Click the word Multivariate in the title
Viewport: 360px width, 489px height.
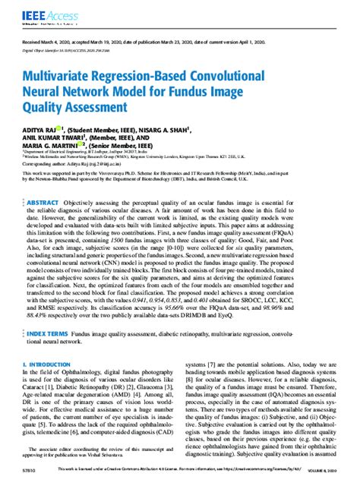tap(70, 77)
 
